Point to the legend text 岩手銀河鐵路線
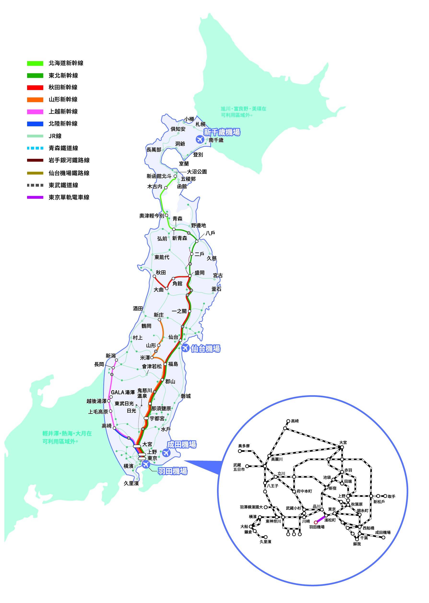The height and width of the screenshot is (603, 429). pyautogui.click(x=69, y=160)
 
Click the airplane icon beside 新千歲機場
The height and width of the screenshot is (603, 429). pyautogui.click(x=200, y=139)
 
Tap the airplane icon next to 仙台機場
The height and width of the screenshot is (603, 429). pyautogui.click(x=185, y=348)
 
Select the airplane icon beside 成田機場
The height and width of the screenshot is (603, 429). pyautogui.click(x=166, y=453)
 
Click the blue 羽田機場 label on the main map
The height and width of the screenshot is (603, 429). pyautogui.click(x=172, y=471)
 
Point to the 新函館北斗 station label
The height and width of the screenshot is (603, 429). pyautogui.click(x=159, y=176)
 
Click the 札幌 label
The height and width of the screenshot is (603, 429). pyautogui.click(x=200, y=124)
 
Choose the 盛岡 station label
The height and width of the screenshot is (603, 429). pyautogui.click(x=200, y=273)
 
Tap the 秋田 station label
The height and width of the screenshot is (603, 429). pyautogui.click(x=161, y=273)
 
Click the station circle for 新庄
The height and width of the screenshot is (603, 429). pyautogui.click(x=159, y=320)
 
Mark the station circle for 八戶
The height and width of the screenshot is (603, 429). pyautogui.click(x=197, y=241)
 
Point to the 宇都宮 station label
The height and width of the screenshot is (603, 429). pyautogui.click(x=157, y=419)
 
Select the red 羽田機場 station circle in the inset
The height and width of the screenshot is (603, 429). pyautogui.click(x=315, y=522)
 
